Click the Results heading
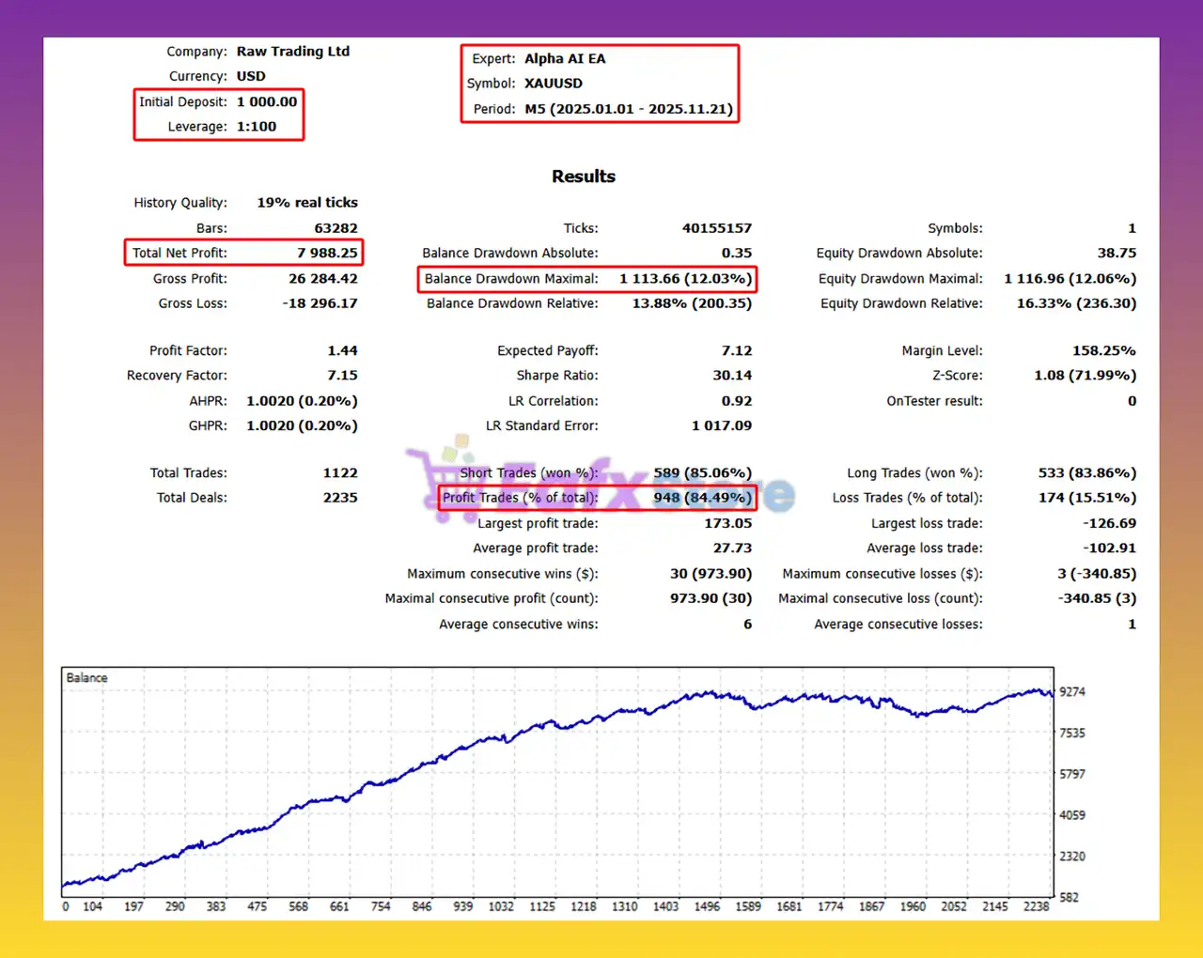(x=583, y=177)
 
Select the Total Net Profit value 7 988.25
(x=327, y=253)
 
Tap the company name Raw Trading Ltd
(x=292, y=52)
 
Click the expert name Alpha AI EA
(x=565, y=58)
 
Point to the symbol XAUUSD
(x=553, y=84)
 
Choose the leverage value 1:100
(x=257, y=127)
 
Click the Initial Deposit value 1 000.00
(x=267, y=101)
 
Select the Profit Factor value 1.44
(x=342, y=350)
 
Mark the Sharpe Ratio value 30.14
(x=731, y=376)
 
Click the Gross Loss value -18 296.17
(x=320, y=303)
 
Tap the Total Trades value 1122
(x=340, y=473)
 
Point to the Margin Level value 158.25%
(x=1103, y=350)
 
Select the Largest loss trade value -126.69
(x=1109, y=523)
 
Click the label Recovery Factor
(x=177, y=376)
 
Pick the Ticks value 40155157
(x=716, y=228)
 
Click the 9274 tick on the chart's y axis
(x=1072, y=692)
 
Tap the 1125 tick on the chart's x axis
(x=542, y=906)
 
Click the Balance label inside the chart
(x=86, y=678)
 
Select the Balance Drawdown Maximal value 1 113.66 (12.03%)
(x=685, y=279)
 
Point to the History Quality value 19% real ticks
(x=307, y=203)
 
